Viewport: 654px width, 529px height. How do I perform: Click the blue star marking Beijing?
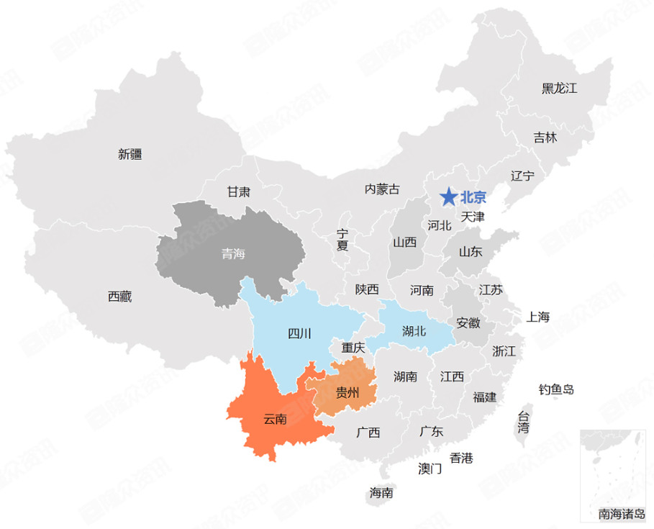(448, 196)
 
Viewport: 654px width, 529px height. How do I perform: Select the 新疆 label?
(130, 153)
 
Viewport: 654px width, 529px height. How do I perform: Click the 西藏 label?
(119, 296)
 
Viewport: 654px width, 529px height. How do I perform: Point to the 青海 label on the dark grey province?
(233, 253)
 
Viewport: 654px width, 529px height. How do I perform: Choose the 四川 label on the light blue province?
(299, 333)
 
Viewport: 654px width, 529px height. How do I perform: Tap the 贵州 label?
(348, 392)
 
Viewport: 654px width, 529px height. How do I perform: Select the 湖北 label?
(414, 331)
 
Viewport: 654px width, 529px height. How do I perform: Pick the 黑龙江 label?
(560, 89)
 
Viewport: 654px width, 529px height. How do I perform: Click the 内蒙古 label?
(381, 189)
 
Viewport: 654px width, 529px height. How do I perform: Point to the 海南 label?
(381, 493)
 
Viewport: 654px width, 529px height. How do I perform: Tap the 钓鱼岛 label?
(557, 389)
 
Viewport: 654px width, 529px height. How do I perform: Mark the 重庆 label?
(353, 348)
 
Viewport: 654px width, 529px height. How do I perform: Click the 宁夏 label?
(342, 240)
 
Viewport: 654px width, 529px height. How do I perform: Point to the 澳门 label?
(430, 469)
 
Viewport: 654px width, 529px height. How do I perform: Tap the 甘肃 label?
(239, 191)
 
